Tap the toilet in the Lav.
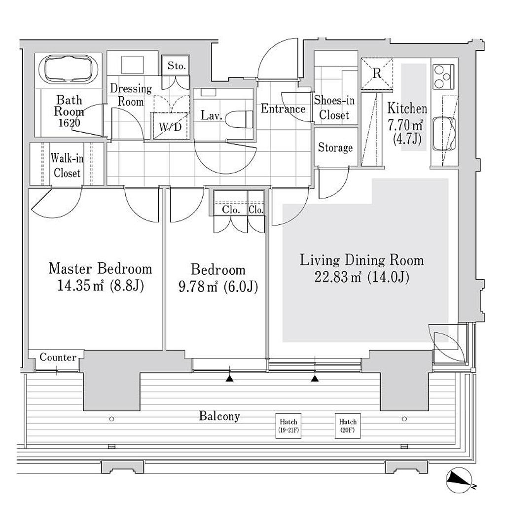click(239, 119)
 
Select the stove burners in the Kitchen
click(443, 76)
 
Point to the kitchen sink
click(444, 134)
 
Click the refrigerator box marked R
click(376, 73)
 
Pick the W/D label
click(170, 127)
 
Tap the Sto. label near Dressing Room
click(177, 66)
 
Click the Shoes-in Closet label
click(334, 108)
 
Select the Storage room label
click(335, 147)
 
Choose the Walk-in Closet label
click(67, 166)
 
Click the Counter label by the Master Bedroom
click(58, 357)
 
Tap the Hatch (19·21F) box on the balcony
click(288, 426)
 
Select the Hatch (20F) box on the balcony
click(348, 426)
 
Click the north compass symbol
click(459, 480)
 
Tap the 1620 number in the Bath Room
click(69, 123)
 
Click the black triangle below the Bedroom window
click(229, 378)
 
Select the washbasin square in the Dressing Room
click(132, 65)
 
